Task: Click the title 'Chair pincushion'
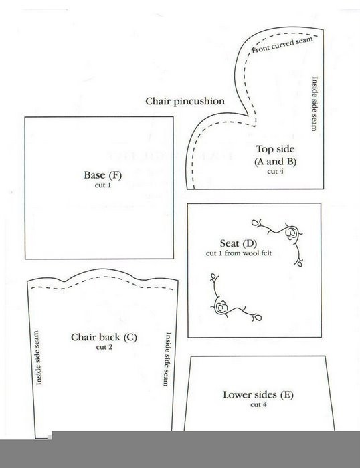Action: [x=185, y=101]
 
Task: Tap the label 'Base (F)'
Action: [x=103, y=175]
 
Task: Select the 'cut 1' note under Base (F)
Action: [x=103, y=185]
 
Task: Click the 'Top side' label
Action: [x=275, y=149]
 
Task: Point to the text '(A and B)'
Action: [x=275, y=162]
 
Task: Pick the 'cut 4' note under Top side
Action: [x=275, y=172]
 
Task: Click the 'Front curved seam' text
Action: [x=282, y=45]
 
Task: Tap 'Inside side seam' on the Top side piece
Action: [x=314, y=104]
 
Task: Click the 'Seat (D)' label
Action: [x=238, y=243]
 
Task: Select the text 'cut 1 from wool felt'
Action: [x=239, y=253]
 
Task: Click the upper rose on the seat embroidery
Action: [x=291, y=233]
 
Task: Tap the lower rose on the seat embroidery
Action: [x=221, y=307]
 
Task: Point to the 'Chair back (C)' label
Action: [x=104, y=337]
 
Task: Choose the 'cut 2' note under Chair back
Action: [x=104, y=347]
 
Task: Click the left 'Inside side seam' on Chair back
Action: [x=39, y=358]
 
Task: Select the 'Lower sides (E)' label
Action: [x=258, y=395]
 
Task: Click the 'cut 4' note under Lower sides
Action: [x=258, y=404]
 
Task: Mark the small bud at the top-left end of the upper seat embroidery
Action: [x=254, y=223]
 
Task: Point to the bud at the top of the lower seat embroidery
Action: [x=213, y=275]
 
